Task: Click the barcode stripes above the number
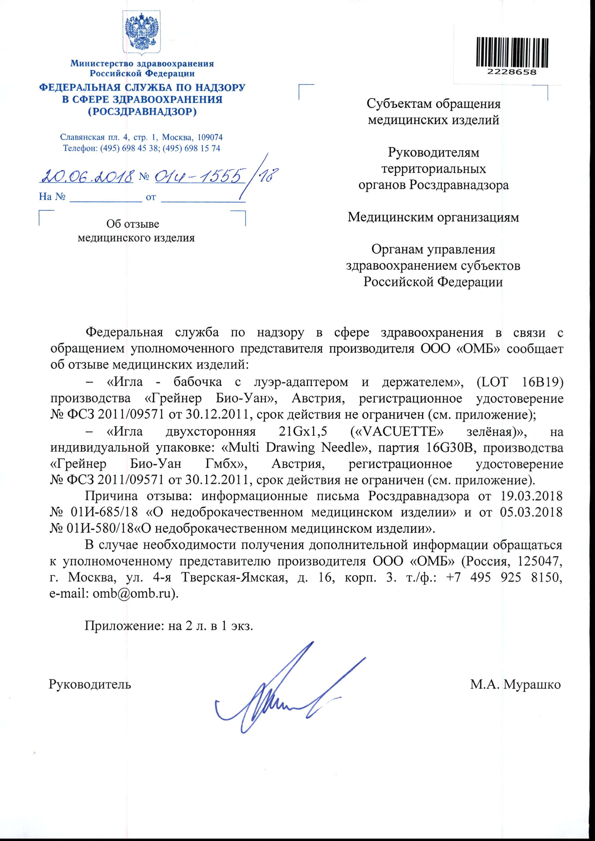pyautogui.click(x=512, y=52)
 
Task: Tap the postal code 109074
pyautogui.click(x=210, y=137)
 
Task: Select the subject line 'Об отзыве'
pyautogui.click(x=133, y=223)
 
